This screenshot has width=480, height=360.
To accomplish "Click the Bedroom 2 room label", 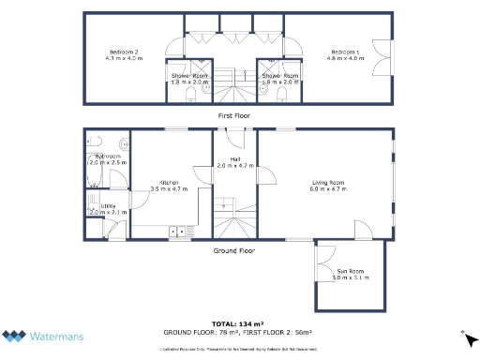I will pyautogui.click(x=124, y=51).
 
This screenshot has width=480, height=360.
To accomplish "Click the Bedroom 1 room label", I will pyautogui.click(x=344, y=51).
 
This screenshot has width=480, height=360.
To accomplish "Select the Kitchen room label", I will pyautogui.click(x=169, y=182).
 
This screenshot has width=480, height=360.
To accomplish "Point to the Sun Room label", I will pyautogui.click(x=351, y=272).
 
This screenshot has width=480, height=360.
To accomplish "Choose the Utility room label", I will pyautogui.click(x=108, y=205).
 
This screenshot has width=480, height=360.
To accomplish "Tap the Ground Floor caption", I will pyautogui.click(x=233, y=250).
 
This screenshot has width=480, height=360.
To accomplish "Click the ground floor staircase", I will pyautogui.click(x=231, y=219).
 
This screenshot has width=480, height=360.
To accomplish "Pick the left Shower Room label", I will pyautogui.click(x=188, y=75).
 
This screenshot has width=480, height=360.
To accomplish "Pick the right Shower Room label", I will pyautogui.click(x=280, y=75).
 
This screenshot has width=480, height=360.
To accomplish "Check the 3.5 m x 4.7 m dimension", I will pyautogui.click(x=169, y=188).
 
